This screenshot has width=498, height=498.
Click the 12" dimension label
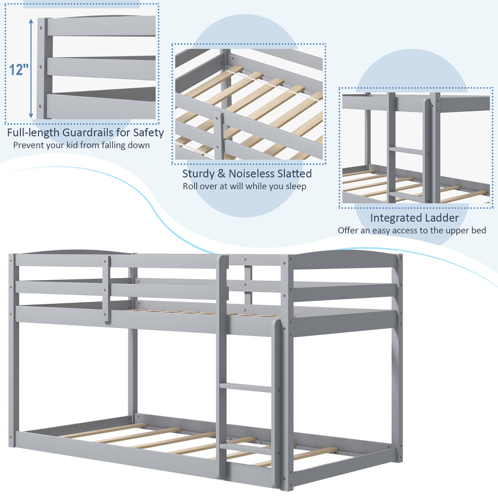click(x=19, y=69)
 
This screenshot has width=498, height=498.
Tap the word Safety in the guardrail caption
click(x=148, y=132)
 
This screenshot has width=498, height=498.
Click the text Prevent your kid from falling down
click(x=81, y=145)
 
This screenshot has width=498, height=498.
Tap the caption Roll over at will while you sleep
click(x=244, y=186)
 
